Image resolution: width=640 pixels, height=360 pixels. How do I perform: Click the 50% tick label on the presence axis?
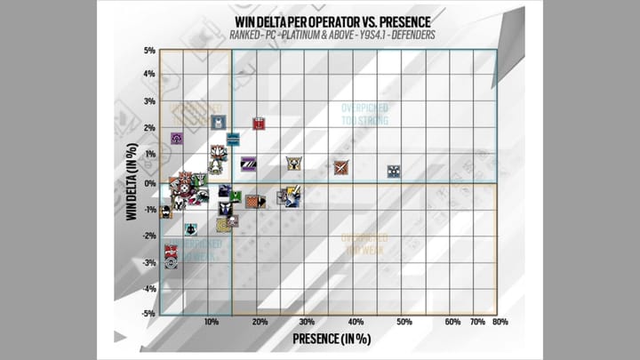point(404,321)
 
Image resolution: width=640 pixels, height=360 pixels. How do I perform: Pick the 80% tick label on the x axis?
point(500,321)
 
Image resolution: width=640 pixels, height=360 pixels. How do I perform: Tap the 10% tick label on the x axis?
point(212,321)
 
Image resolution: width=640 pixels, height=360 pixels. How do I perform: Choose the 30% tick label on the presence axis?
point(307,321)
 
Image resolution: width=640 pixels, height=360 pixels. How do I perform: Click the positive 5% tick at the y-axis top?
point(150,51)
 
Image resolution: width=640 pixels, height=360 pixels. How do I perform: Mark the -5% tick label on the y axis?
point(148,313)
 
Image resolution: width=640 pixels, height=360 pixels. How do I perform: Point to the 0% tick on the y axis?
point(150,183)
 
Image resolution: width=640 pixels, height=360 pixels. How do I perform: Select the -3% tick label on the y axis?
point(148,262)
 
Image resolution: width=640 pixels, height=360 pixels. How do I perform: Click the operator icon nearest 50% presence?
point(393,172)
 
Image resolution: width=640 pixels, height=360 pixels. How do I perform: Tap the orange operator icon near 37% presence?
point(341,167)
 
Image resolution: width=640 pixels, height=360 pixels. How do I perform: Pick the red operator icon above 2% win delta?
point(259,123)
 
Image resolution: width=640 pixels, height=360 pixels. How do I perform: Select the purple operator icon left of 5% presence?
point(177,139)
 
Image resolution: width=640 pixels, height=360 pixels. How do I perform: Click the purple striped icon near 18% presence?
point(249,164)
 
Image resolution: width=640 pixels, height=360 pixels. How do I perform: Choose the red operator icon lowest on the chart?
point(171,252)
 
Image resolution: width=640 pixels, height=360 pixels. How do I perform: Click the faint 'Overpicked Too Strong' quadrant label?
point(364,113)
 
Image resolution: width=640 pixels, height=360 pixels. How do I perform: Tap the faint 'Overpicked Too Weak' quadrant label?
point(364,243)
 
